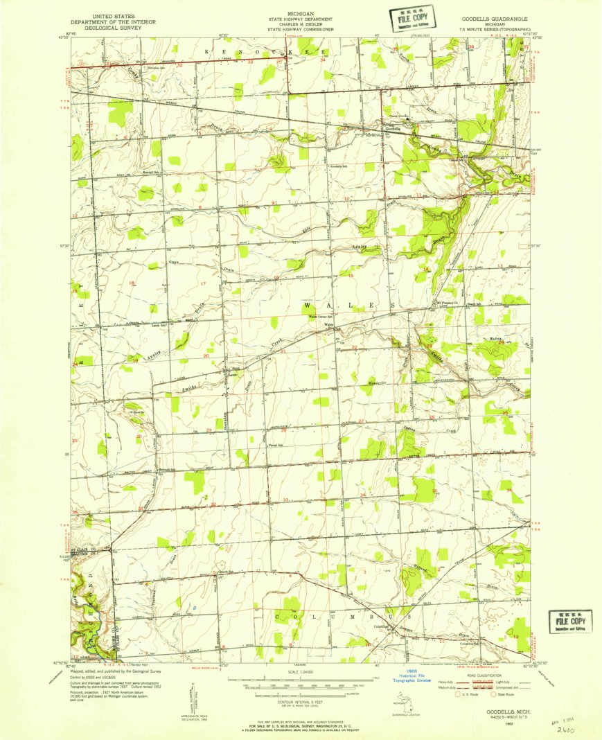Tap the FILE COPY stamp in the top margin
(x=414, y=18)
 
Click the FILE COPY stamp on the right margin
(x=570, y=622)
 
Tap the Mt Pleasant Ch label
(x=448, y=303)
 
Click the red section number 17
(x=203, y=284)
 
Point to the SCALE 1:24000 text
(x=301, y=671)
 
